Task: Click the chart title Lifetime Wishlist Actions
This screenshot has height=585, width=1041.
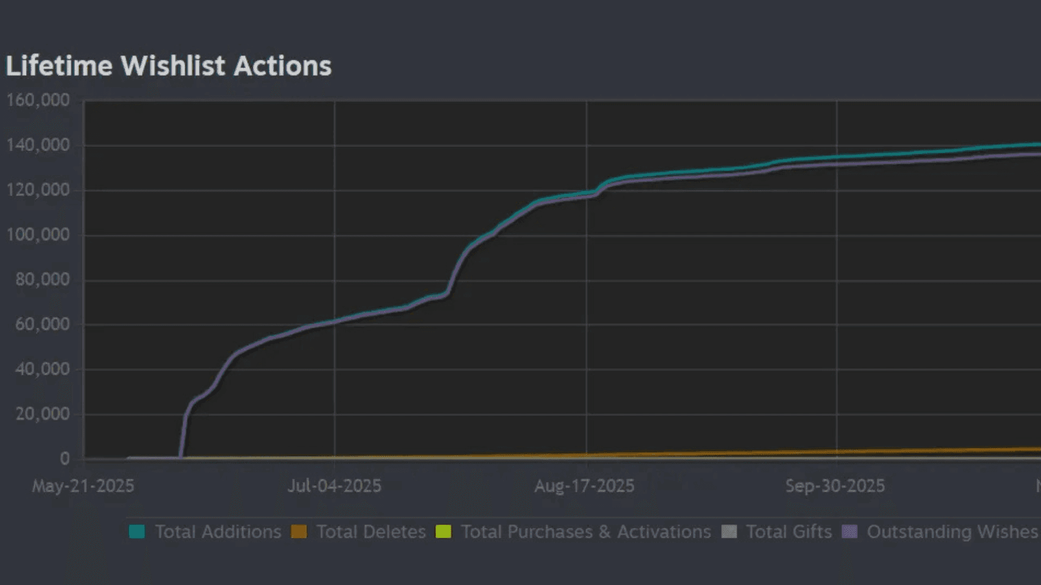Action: (168, 66)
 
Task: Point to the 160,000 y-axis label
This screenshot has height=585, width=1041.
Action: (38, 100)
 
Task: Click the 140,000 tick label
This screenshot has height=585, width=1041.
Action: (38, 145)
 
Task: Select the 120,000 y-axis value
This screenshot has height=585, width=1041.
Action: (38, 190)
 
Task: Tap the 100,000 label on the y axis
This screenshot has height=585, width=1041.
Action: (38, 235)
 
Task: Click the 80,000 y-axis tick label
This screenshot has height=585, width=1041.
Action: (42, 279)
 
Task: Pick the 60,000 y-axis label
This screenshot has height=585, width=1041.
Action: (42, 324)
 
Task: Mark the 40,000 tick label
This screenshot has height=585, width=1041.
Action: (42, 369)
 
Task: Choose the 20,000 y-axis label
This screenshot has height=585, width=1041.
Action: (42, 414)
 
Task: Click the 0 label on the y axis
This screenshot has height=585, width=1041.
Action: (65, 459)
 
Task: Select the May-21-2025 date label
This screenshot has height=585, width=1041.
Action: (83, 486)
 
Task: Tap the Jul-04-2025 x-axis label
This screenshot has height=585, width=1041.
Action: (334, 486)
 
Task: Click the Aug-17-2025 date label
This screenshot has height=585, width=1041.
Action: (584, 486)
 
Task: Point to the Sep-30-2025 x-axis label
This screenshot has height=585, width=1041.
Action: (835, 486)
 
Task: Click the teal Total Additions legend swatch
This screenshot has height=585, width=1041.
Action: (137, 531)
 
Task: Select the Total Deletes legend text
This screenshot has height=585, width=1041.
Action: (371, 532)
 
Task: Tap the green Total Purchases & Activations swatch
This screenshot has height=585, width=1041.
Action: (444, 531)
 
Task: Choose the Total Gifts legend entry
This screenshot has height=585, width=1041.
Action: (788, 532)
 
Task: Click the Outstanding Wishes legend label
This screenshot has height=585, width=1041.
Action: (952, 532)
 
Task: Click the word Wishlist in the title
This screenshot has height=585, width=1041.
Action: (172, 66)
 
